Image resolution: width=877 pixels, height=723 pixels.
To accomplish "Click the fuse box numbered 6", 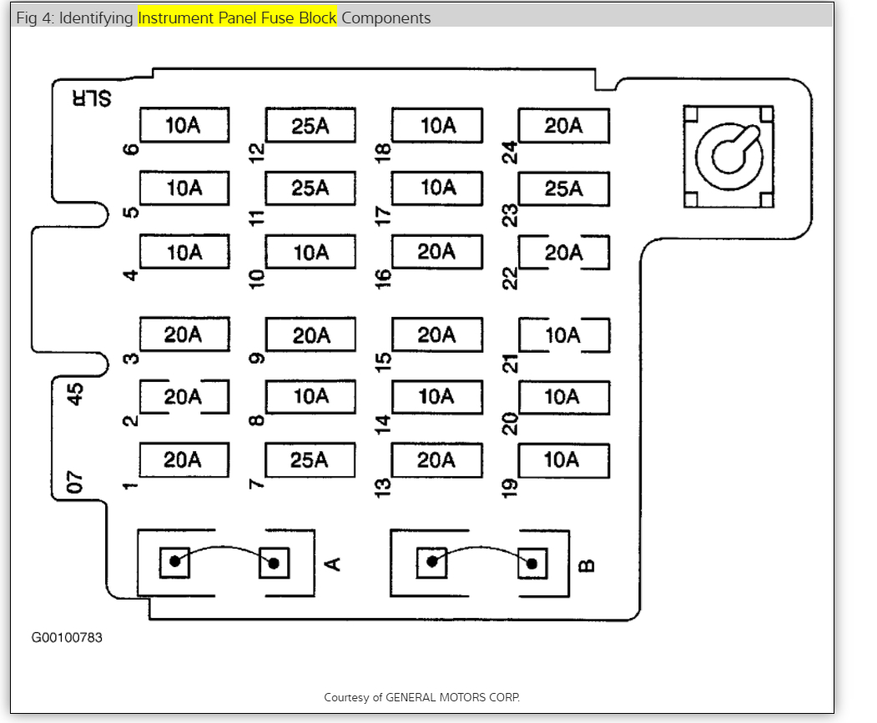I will tap(184, 126).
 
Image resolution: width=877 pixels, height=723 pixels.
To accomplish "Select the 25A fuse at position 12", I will tap(310, 126).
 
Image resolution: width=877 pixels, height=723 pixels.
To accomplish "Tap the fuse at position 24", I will tap(563, 126).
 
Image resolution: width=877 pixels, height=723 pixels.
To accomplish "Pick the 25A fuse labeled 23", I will tap(563, 189).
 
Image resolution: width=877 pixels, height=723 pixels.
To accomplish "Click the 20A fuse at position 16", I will tap(436, 252).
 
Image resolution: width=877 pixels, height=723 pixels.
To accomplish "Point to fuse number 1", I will tap(184, 459).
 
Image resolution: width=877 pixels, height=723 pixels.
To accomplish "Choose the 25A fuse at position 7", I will tap(310, 459).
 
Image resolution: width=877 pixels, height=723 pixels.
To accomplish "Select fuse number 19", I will tap(563, 459).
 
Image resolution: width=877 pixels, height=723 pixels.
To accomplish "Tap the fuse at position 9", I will tap(310, 335).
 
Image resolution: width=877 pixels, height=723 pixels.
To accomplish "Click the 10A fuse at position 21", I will tap(563, 335).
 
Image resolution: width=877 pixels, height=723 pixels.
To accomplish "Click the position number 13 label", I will tap(383, 485).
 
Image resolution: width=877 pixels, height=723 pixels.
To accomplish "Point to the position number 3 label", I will tap(131, 359).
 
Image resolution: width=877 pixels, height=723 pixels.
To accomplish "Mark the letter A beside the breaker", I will tap(332, 565).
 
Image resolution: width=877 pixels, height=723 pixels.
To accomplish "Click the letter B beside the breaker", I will tap(587, 565).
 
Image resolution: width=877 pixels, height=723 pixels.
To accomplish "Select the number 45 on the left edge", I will tap(76, 393).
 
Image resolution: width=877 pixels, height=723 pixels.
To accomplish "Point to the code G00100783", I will tap(67, 638).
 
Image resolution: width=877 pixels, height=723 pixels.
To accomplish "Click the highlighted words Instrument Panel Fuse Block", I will tap(237, 18).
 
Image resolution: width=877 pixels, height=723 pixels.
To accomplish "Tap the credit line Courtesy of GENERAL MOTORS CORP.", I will tap(421, 697).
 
